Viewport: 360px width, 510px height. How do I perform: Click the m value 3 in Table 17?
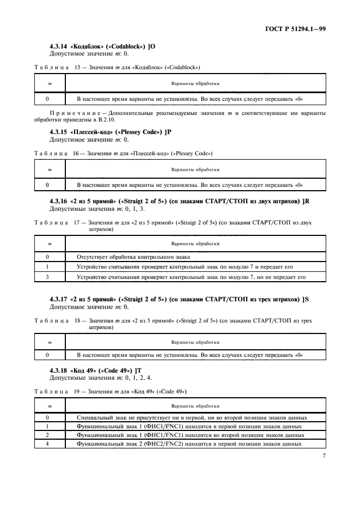tap(48, 277)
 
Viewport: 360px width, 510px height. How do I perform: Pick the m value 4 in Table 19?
tap(48, 443)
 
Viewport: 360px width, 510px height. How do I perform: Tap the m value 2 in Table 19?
tap(48, 435)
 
